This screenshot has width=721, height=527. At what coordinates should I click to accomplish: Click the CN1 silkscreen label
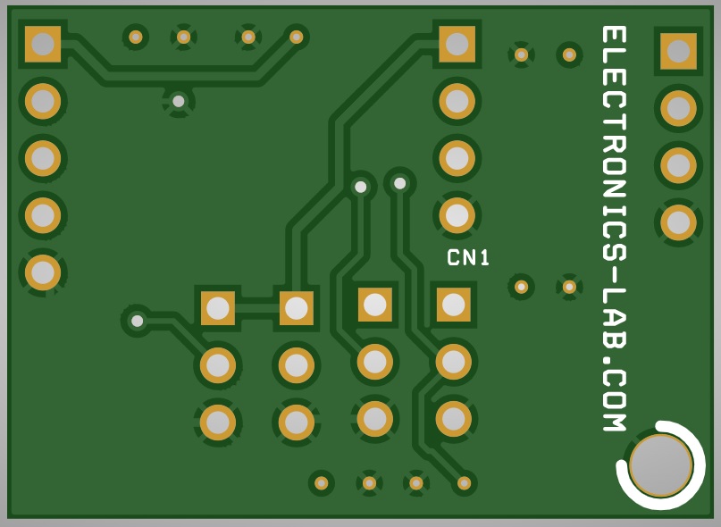(x=468, y=257)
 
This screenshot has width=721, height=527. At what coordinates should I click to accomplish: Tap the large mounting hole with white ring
(x=661, y=464)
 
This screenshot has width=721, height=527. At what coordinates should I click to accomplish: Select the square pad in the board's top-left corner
(x=43, y=44)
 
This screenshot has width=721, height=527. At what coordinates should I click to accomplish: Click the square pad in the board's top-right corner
(x=678, y=51)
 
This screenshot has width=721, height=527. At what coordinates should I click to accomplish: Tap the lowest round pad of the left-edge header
(x=43, y=272)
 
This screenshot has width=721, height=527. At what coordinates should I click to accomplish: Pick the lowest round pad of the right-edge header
(x=678, y=222)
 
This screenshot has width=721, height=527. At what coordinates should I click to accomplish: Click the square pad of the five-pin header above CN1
(x=457, y=44)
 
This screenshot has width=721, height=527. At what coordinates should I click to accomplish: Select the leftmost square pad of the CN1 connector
(x=218, y=308)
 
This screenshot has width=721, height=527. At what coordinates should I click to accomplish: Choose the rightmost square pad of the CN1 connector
(x=453, y=305)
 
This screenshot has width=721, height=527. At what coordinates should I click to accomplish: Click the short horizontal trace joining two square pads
(x=257, y=308)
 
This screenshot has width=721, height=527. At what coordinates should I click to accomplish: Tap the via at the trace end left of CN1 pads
(x=137, y=321)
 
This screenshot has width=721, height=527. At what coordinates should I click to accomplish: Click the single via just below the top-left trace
(x=179, y=101)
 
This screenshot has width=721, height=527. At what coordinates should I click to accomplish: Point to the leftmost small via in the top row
(x=136, y=37)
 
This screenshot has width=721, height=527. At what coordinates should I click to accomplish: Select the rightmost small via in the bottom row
(x=464, y=483)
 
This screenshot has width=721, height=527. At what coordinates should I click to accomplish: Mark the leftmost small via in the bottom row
(x=321, y=483)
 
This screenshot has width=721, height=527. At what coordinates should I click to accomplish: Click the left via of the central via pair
(x=361, y=187)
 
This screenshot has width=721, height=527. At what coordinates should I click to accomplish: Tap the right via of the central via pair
(x=400, y=183)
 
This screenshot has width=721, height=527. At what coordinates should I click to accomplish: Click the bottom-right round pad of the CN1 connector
(x=453, y=419)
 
